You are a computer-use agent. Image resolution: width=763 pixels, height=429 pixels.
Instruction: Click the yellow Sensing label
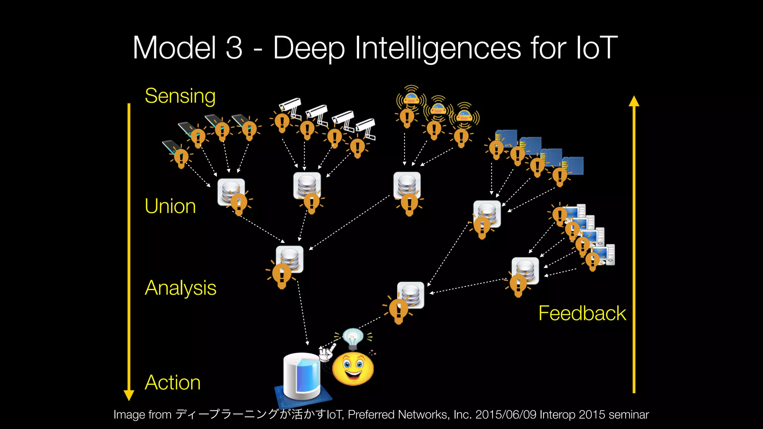pyautogui.click(x=180, y=96)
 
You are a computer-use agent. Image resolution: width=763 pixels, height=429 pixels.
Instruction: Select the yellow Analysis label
pyautogui.click(x=180, y=288)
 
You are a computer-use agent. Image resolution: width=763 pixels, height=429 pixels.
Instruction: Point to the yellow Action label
pyautogui.click(x=172, y=382)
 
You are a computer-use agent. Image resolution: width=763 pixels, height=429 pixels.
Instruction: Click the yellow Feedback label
pyautogui.click(x=582, y=313)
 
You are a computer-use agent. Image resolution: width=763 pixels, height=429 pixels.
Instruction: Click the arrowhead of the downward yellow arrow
pyautogui.click(x=129, y=395)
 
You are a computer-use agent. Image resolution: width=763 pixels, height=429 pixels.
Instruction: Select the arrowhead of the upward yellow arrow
pyautogui.click(x=634, y=101)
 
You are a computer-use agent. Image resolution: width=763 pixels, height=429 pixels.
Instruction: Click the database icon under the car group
pyautogui.click(x=407, y=185)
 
